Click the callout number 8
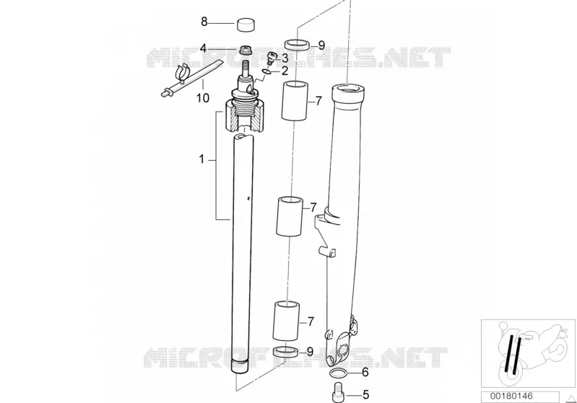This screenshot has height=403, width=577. pyautogui.click(x=204, y=22)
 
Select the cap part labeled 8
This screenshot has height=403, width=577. pyautogui.click(x=246, y=24)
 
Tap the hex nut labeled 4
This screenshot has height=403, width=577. pyautogui.click(x=245, y=50)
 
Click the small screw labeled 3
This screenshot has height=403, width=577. pyautogui.click(x=272, y=58)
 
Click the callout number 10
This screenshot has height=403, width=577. pyautogui.click(x=203, y=98)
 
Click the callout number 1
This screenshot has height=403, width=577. pyautogui.click(x=201, y=159)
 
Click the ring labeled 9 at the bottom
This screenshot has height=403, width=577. pyautogui.click(x=285, y=352)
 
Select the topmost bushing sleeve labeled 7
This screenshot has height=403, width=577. pyautogui.click(x=295, y=100)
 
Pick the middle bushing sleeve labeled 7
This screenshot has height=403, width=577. pyautogui.click(x=290, y=217)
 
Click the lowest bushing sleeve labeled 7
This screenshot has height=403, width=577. pyautogui.click(x=286, y=321)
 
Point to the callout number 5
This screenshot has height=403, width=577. pyautogui.click(x=365, y=395)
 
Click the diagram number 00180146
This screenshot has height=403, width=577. pyautogui.click(x=511, y=397)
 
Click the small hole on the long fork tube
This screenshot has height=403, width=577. pyautogui.click(x=248, y=199)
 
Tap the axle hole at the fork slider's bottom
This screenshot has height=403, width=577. pyautogui.click(x=345, y=349)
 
